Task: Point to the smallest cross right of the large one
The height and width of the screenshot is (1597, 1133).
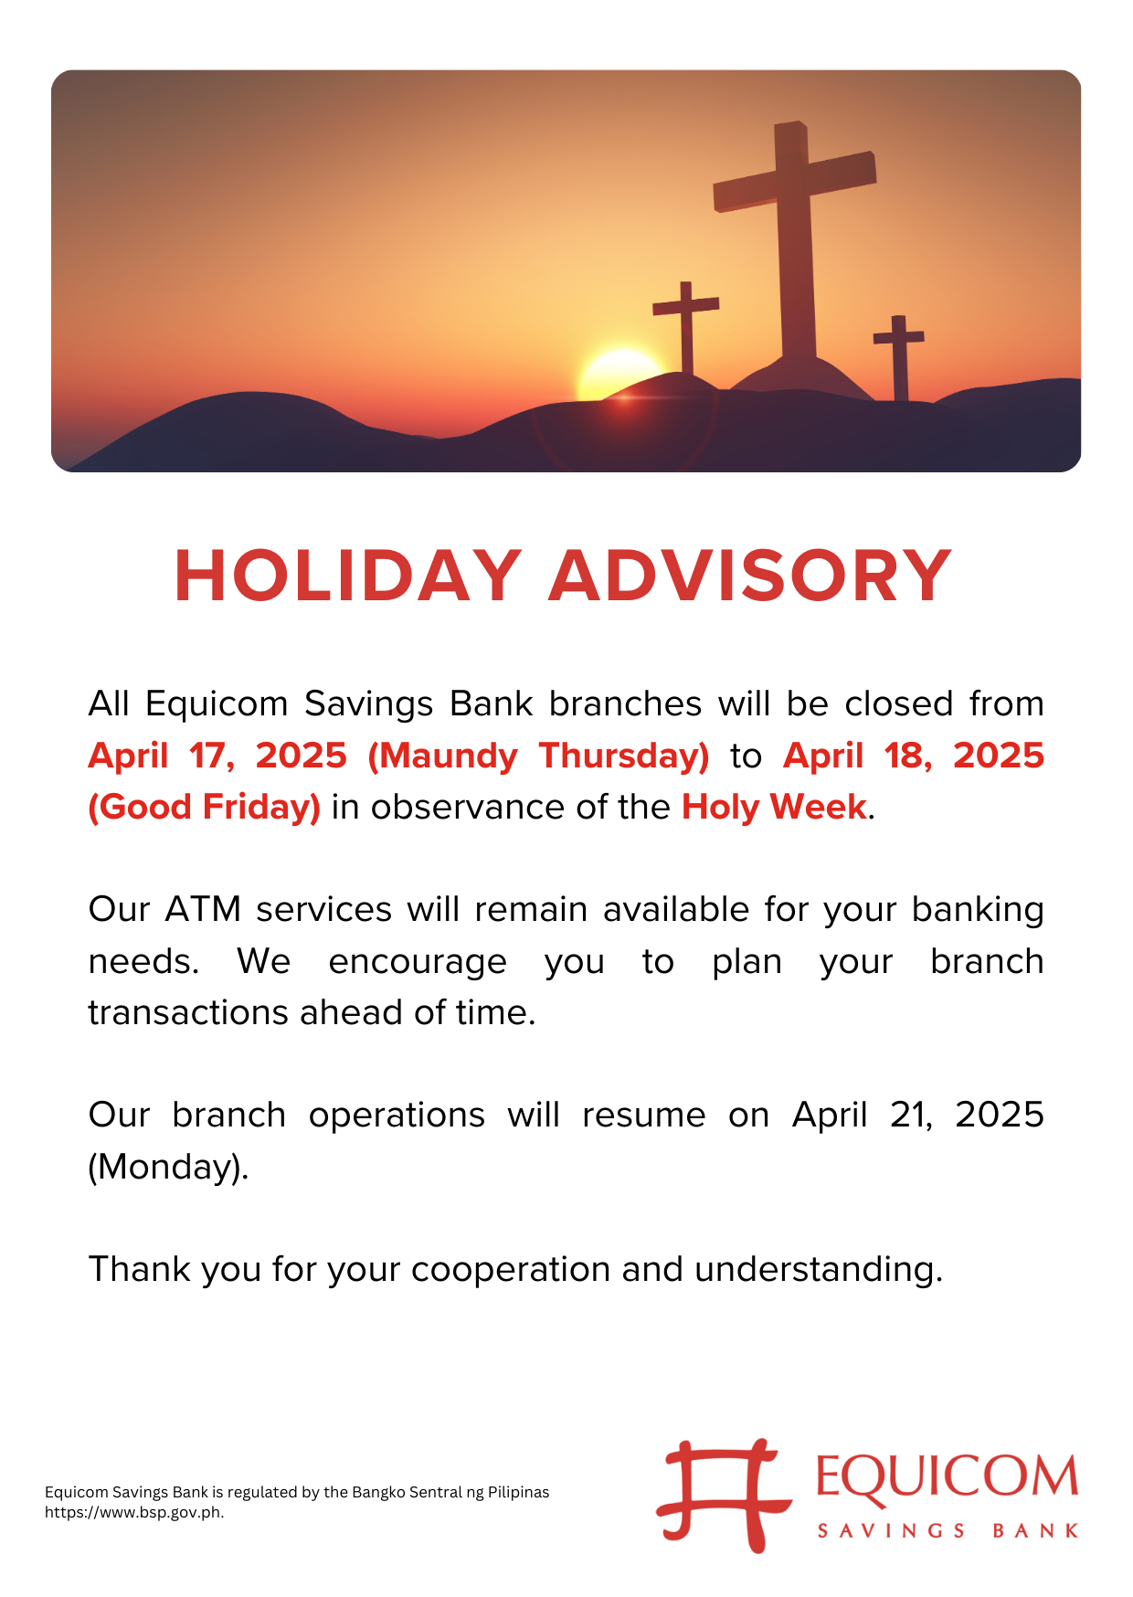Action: click(899, 356)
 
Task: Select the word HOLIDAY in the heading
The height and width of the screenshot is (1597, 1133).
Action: click(348, 576)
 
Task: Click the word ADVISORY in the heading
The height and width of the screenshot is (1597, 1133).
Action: click(750, 576)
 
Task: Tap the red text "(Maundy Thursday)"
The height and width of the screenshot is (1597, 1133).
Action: click(538, 756)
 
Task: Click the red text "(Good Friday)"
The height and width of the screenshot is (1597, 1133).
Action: click(204, 808)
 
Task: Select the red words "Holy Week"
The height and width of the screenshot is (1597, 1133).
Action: click(774, 807)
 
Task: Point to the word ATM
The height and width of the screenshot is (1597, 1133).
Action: click(203, 910)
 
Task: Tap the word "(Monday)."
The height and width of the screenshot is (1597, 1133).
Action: click(168, 1168)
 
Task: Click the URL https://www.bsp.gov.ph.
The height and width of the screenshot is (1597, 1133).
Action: click(134, 1512)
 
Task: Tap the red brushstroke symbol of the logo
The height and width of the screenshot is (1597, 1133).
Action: click(723, 1496)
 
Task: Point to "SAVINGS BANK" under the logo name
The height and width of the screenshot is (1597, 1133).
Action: click(948, 1531)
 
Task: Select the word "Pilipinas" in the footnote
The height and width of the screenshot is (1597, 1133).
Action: click(519, 1492)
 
